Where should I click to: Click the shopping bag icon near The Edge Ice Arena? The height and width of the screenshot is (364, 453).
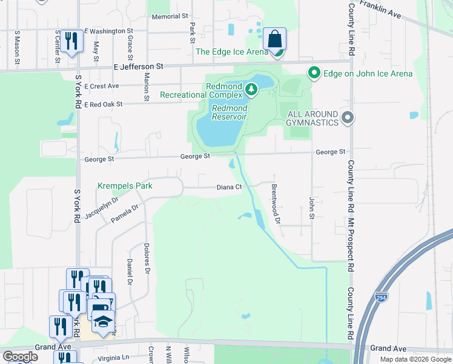[275, 39]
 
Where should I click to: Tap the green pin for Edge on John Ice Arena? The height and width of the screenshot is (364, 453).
[314, 73]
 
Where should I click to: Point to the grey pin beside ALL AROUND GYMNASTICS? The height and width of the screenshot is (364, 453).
[347, 118]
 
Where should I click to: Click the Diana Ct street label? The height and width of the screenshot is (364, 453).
[230, 187]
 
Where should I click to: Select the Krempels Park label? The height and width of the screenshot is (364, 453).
[125, 186]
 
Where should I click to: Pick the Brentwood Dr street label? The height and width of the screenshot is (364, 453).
[276, 204]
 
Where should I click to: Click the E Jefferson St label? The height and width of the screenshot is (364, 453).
[138, 66]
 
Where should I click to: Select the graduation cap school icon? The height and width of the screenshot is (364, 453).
[104, 321]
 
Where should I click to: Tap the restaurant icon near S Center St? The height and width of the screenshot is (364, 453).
[72, 41]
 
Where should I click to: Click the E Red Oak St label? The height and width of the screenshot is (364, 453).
[103, 104]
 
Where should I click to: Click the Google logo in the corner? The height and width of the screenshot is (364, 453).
[19, 357]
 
